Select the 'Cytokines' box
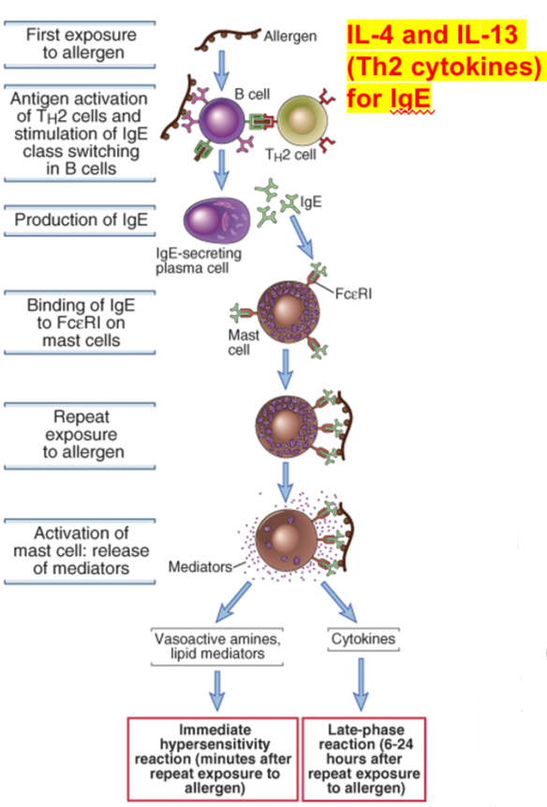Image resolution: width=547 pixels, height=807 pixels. pyautogui.click(x=361, y=640)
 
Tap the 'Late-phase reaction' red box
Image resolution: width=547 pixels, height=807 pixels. pyautogui.click(x=360, y=757)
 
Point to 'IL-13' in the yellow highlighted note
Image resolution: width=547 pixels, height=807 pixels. pyautogui.click(x=479, y=37)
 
